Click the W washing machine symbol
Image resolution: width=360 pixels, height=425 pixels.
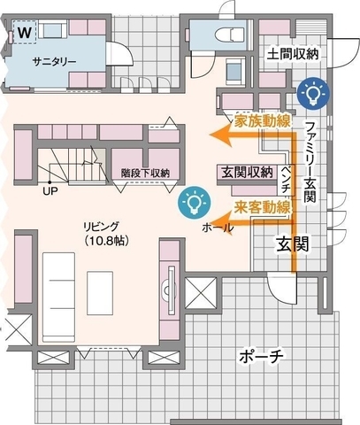[x=25, y=32]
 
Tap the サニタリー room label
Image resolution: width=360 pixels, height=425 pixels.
[x=55, y=62]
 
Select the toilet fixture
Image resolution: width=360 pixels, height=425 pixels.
[x=230, y=35]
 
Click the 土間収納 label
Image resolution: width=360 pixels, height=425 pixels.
[x=293, y=54]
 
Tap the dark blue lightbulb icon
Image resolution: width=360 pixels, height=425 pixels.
[x=312, y=93]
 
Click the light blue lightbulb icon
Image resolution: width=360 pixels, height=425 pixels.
[x=194, y=203]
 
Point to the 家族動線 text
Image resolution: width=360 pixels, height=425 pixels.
[x=263, y=120]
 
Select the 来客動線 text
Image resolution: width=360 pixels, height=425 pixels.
[x=263, y=207]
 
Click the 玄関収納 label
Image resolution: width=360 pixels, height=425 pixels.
[x=248, y=172]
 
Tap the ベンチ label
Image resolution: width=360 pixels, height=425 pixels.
[x=285, y=180]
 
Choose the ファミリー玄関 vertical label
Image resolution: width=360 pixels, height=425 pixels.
[x=310, y=161]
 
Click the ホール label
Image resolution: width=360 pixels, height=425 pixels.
[x=218, y=228]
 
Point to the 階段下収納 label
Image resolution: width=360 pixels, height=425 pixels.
[x=145, y=174]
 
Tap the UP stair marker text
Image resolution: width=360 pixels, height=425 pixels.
[x=50, y=191]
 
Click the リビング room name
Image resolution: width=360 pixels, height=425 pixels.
[x=101, y=227]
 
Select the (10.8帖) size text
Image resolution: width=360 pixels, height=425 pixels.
[x=107, y=241]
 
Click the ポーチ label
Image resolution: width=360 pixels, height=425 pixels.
[x=261, y=357]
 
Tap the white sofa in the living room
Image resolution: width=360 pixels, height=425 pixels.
[x=58, y=297]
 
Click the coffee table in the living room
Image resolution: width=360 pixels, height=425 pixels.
[x=100, y=293]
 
